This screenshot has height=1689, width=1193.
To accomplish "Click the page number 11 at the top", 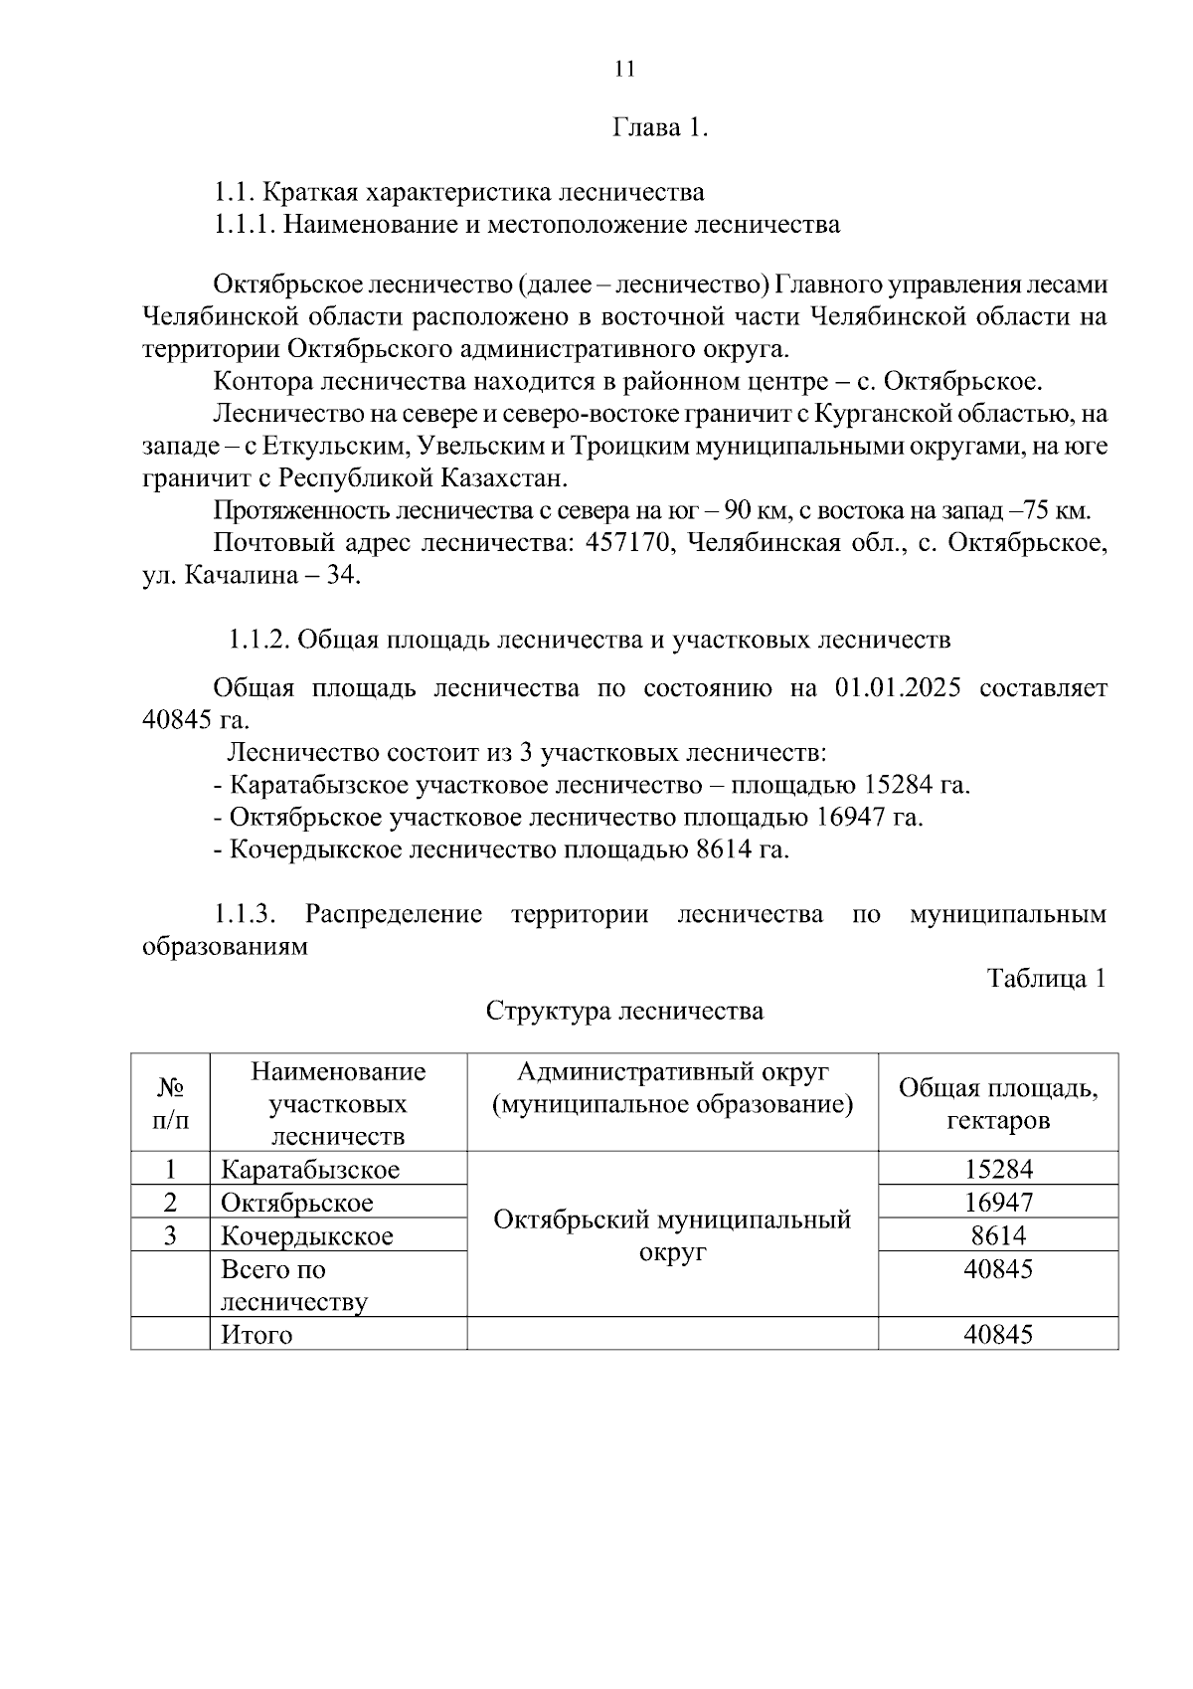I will [624, 69].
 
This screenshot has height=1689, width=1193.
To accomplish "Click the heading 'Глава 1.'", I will [660, 128].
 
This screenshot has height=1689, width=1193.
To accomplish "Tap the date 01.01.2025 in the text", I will [891, 688].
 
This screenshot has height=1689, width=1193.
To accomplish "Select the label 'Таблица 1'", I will [1046, 978].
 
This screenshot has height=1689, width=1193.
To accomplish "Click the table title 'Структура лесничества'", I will [624, 1012].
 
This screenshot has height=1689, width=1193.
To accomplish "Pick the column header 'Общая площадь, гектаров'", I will [998, 1104].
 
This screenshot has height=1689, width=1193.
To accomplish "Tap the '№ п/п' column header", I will [170, 1104].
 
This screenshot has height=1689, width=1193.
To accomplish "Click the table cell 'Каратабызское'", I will [310, 1170].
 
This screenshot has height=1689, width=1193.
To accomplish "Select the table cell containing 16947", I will [998, 1203].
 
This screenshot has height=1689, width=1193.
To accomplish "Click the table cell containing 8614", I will [998, 1236].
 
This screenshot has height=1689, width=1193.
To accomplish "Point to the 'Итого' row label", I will [256, 1335].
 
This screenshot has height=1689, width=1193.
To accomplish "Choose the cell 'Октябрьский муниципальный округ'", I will [672, 1235].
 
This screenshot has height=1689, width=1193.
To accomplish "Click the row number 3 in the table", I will [170, 1236].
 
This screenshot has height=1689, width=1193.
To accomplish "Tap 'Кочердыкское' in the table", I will [307, 1236].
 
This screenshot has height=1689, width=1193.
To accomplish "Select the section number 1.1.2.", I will [258, 640].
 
